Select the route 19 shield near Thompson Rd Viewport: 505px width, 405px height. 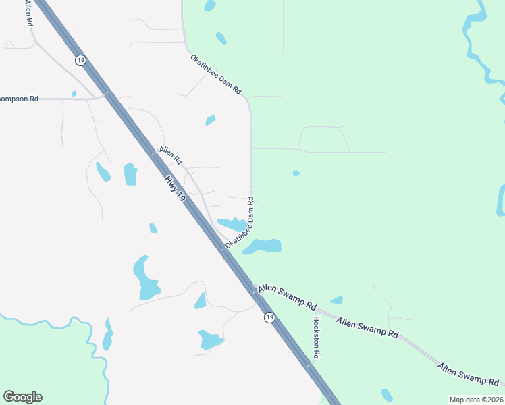80,60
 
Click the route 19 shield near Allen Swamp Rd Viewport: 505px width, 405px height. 269,317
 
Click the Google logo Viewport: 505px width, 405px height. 22,397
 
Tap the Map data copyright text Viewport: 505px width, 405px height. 477,400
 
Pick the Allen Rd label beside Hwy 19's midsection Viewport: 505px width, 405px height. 170,157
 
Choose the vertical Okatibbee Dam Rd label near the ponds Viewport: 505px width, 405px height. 241,223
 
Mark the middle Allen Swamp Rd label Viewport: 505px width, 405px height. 367,328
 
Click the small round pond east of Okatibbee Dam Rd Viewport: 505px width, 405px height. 296,173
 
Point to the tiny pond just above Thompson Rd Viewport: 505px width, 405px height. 74,94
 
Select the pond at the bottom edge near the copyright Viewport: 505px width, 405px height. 387,395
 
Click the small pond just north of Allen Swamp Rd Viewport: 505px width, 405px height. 336,300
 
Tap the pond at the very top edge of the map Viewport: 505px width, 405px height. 210,6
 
